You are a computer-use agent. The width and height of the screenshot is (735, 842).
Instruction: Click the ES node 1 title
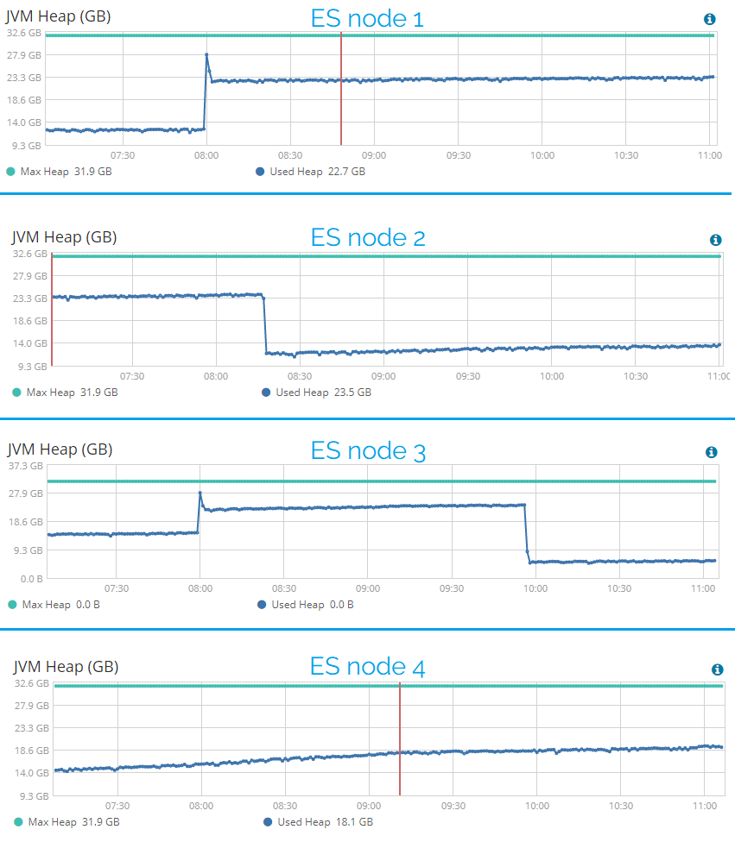coord(367,19)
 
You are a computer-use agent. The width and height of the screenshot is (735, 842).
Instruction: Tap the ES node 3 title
coord(368,451)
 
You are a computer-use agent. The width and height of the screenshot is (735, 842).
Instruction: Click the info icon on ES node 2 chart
coord(715,240)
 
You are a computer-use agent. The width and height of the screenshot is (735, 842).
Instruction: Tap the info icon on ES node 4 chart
coord(717,669)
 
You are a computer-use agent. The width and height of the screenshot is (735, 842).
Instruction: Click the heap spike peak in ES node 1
coord(206,55)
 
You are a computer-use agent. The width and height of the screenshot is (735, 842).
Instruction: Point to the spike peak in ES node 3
coord(200,493)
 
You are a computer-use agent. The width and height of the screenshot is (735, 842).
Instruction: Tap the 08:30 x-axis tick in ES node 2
coord(300,377)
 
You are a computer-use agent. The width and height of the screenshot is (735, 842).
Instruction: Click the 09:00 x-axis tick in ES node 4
coord(369,805)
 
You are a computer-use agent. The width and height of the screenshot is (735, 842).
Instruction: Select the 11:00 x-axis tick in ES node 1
coord(709,156)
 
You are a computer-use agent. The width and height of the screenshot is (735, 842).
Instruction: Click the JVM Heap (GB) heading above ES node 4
coord(66,667)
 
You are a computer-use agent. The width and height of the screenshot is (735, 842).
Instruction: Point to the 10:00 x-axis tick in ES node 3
coord(535,588)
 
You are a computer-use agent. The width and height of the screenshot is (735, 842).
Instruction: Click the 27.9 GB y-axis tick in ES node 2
coord(30,276)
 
